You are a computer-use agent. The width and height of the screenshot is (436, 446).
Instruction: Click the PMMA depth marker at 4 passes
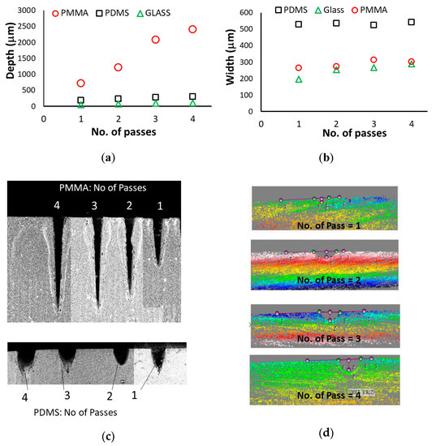pyautogui.click(x=192, y=29)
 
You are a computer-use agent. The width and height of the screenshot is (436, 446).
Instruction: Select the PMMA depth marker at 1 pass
pyautogui.click(x=80, y=83)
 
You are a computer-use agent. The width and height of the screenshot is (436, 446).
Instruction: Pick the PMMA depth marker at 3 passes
pyautogui.click(x=155, y=40)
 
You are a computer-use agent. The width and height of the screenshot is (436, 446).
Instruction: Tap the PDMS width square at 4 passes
pyautogui.click(x=411, y=22)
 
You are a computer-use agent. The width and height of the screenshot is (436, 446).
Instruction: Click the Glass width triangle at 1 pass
pyautogui.click(x=299, y=79)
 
